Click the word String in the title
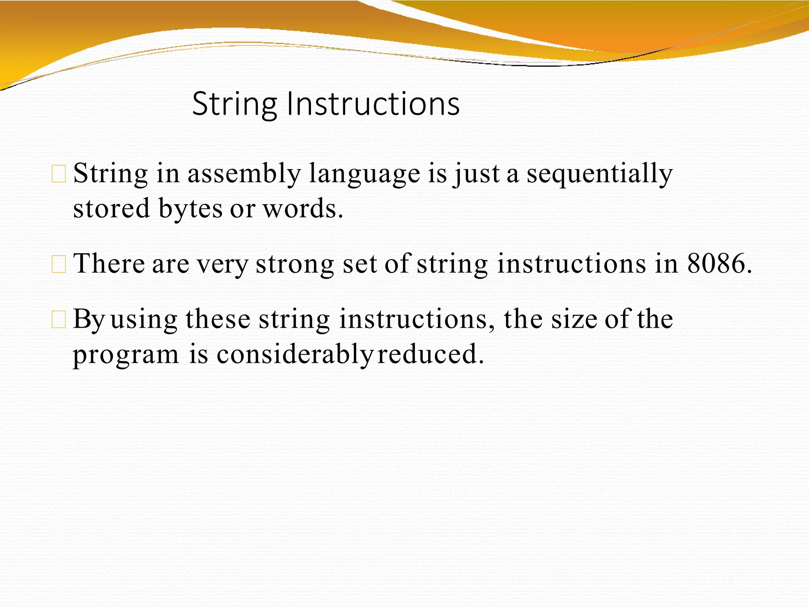234,104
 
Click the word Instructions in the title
373,104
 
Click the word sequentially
599,174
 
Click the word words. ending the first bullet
303,209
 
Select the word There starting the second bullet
109,264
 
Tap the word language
364,175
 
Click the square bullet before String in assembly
59,174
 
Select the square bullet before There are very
59,264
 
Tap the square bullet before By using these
59,320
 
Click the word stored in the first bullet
111,209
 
